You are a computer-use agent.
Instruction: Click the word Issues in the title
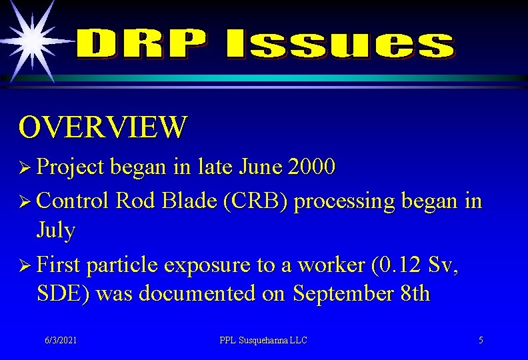(340, 45)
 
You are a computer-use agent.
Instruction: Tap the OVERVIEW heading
(103, 127)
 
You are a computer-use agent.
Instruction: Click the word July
(57, 231)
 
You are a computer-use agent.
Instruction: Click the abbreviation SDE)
(65, 293)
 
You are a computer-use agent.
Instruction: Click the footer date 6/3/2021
(61, 340)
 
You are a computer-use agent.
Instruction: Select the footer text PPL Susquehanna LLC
(263, 340)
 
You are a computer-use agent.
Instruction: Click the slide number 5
(481, 340)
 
